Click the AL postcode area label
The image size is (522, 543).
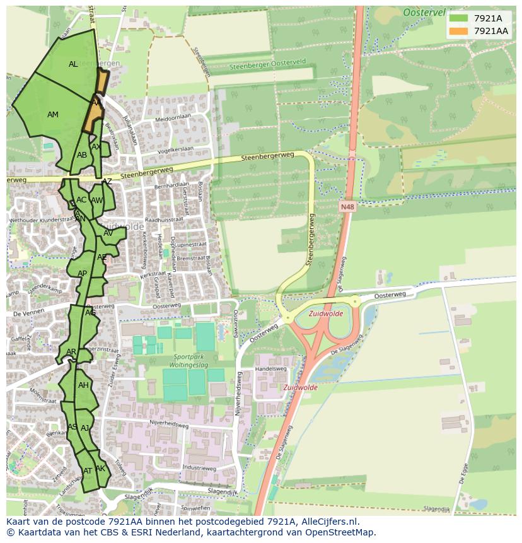point(73,64)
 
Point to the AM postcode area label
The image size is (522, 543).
point(53,115)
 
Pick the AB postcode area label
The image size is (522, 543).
point(82,155)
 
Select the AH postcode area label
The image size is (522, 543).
point(83,385)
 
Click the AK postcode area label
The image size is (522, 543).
point(100,469)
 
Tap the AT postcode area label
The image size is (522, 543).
point(88,471)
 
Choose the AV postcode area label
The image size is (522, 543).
point(108,233)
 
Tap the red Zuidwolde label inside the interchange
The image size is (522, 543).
point(326,313)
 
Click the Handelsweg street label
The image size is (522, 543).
point(270,368)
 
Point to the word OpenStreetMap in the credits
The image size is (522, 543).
point(339,532)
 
